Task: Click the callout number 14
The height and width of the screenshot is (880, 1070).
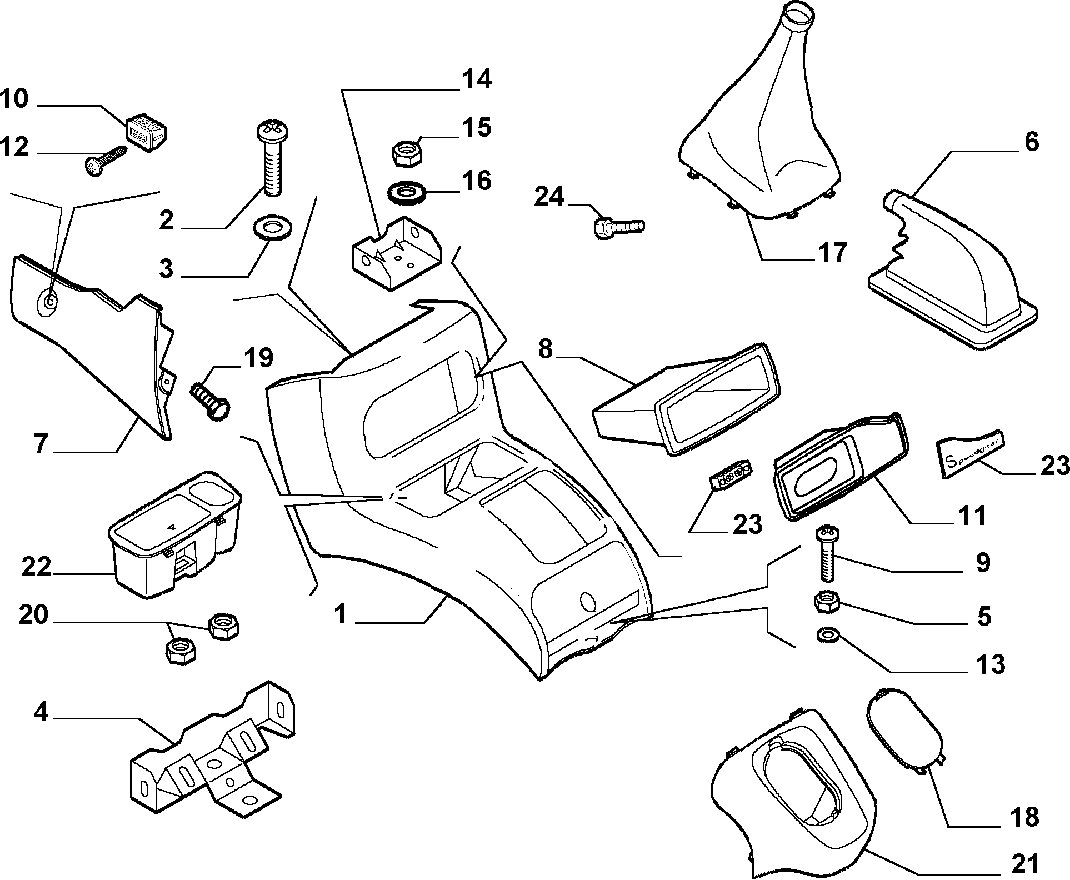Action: click(x=476, y=79)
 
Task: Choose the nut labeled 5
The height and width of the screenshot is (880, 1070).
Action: click(x=826, y=602)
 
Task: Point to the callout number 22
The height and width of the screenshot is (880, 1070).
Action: click(x=37, y=567)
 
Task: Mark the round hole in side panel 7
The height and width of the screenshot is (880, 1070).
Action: click(x=49, y=302)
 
